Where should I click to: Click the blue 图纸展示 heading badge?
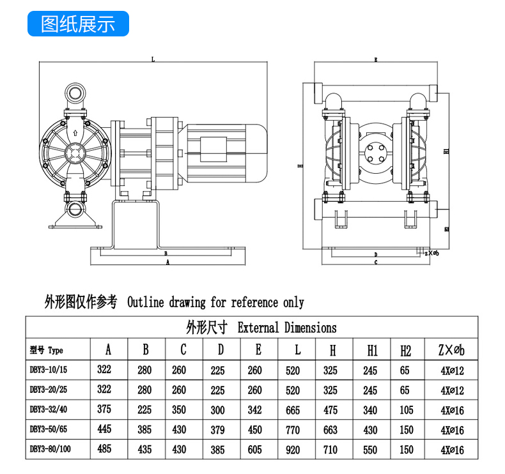point(78,24)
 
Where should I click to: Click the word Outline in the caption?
point(146,302)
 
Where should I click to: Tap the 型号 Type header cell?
point(47,350)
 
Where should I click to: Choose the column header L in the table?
point(297,349)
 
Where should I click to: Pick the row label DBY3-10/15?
point(50,370)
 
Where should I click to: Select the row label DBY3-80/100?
point(51,449)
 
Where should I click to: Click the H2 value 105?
point(406,410)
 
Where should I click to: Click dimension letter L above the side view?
point(153,60)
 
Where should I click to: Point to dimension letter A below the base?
point(167,262)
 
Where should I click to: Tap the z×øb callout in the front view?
point(432,252)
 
